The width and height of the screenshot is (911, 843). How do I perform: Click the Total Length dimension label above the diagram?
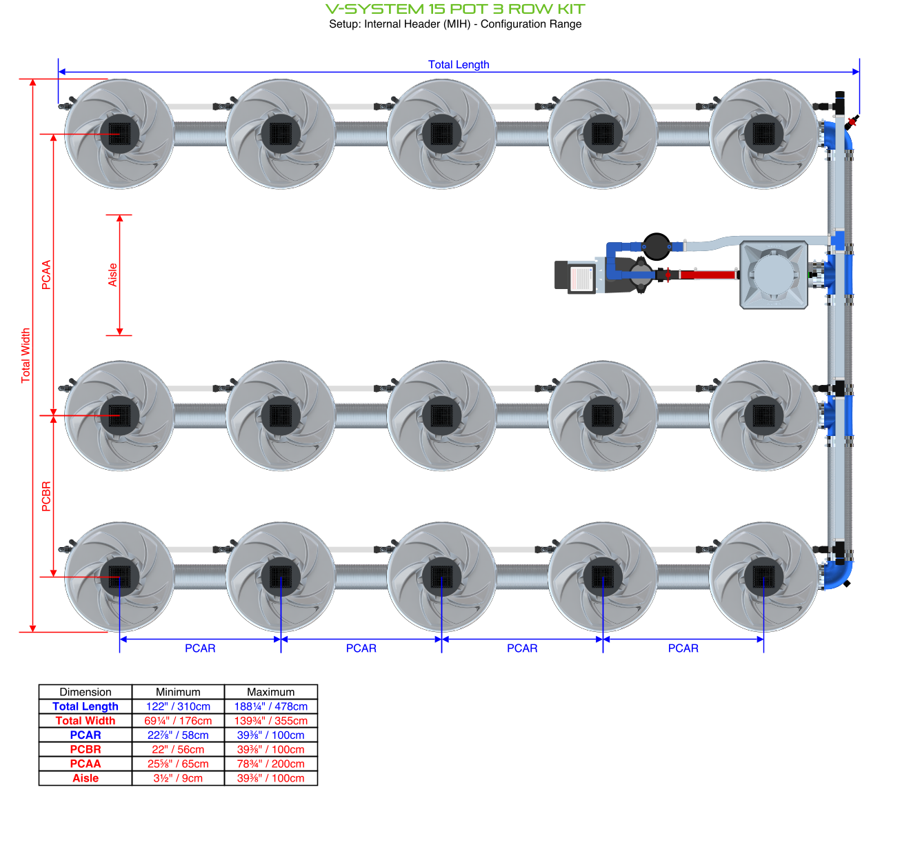click(x=459, y=64)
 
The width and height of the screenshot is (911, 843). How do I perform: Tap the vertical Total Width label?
click(x=26, y=355)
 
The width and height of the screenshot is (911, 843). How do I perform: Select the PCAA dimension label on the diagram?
click(x=46, y=275)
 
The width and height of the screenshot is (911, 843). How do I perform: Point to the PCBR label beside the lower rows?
click(x=46, y=496)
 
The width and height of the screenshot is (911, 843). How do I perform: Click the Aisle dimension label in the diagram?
click(x=112, y=275)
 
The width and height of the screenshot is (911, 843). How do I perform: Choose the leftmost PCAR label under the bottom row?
click(x=200, y=648)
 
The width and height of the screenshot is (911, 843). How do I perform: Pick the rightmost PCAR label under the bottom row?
click(x=683, y=648)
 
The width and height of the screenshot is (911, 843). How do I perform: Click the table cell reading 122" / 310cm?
click(x=178, y=706)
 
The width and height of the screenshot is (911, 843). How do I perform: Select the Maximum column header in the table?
click(x=271, y=692)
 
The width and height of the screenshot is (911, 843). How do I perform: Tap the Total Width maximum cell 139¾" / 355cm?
click(x=271, y=721)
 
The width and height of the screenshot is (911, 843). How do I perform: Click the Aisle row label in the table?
click(x=86, y=778)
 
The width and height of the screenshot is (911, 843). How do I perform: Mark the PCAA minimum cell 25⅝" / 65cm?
click(x=178, y=764)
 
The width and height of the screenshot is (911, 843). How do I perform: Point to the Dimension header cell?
click(x=86, y=692)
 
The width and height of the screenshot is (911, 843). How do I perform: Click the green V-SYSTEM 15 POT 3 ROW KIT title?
click(x=455, y=9)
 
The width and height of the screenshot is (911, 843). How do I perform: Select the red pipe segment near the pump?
click(x=708, y=275)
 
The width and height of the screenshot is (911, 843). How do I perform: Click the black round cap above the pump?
click(x=657, y=246)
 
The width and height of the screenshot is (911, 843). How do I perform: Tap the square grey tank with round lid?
click(x=773, y=275)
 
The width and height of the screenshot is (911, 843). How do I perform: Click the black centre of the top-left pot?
click(x=119, y=134)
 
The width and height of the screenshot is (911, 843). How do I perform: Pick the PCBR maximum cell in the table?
click(x=271, y=749)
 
